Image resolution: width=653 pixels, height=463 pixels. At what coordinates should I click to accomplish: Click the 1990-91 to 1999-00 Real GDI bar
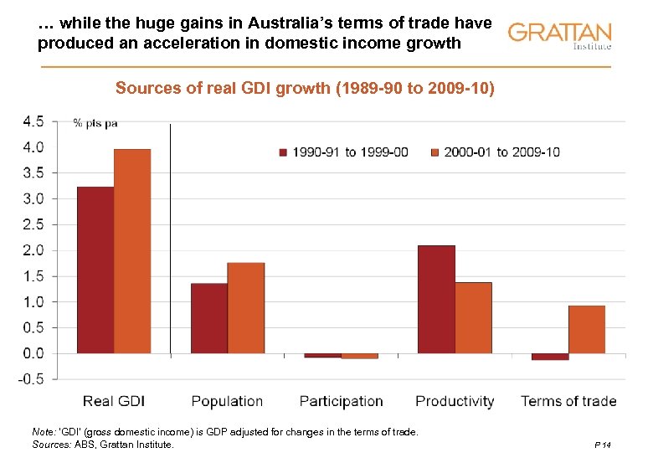95,270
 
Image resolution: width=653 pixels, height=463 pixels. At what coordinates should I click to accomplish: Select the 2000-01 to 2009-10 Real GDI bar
132,251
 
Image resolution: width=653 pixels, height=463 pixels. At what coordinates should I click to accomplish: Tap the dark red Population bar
209,318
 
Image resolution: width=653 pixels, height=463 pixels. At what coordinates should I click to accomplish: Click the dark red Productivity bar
436,299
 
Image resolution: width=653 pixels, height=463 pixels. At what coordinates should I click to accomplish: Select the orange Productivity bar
473,317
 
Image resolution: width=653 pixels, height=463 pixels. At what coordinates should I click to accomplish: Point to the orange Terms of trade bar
586,329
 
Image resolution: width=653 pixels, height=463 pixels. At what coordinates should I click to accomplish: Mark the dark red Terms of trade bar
550,357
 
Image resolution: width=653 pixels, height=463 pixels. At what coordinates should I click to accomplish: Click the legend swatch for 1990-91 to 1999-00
284,152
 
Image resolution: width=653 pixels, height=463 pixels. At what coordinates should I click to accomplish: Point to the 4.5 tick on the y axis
33,121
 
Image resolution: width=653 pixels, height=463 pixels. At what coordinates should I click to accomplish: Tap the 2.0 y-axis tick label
33,250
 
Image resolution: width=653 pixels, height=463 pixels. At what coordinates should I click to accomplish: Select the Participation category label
341,401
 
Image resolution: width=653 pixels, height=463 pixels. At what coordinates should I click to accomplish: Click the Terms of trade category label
568,401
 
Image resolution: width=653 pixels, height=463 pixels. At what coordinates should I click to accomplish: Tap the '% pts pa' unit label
95,123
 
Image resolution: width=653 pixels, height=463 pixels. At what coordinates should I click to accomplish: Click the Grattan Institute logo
559,35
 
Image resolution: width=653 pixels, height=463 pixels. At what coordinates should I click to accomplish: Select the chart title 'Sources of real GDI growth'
305,88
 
